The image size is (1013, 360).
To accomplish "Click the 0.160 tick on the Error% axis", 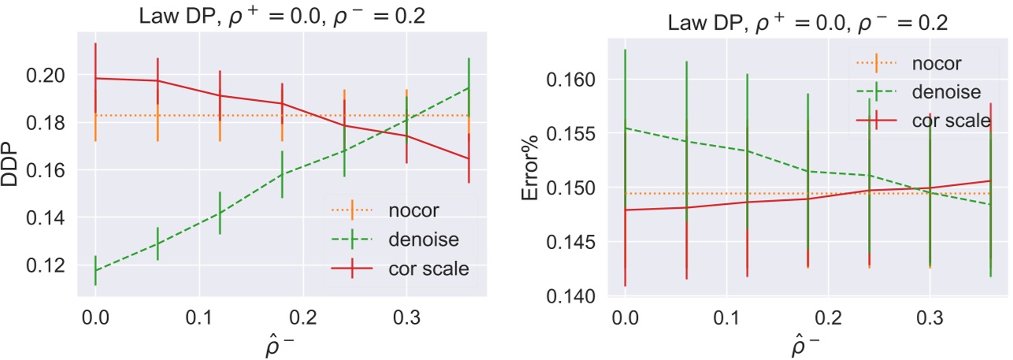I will coord(581,80).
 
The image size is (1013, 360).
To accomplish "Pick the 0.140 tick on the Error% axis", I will coord(581,296).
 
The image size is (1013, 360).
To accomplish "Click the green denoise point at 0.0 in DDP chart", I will coord(95,270).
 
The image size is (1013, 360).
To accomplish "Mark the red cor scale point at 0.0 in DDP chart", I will coord(95,78).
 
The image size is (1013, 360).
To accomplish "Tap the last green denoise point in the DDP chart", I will coord(469,87).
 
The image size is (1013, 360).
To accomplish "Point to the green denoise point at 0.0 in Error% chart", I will coord(625,128).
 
